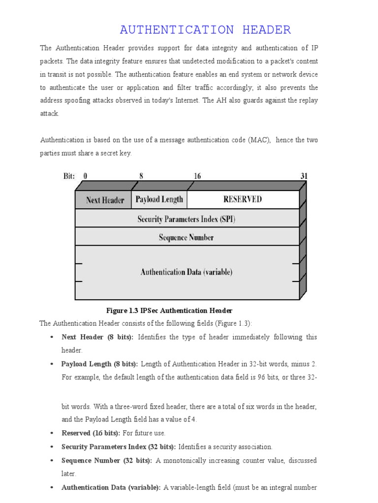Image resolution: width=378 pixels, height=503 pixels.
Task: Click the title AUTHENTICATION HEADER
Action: click(x=205, y=30)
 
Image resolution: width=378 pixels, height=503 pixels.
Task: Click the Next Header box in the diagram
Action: click(x=105, y=200)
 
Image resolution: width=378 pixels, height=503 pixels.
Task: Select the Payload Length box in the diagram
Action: click(x=159, y=199)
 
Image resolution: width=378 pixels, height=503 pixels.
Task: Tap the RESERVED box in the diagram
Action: click(x=243, y=199)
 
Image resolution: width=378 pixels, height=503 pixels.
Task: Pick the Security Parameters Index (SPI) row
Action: click(x=187, y=219)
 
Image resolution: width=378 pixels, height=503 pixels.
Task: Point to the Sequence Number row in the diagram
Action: click(x=187, y=238)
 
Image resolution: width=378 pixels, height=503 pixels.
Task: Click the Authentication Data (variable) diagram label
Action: click(x=187, y=272)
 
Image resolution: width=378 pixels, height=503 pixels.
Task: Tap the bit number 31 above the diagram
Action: click(x=304, y=176)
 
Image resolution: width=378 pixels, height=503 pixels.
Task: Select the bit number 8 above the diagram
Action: click(x=141, y=176)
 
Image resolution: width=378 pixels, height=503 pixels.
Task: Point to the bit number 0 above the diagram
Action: click(x=85, y=176)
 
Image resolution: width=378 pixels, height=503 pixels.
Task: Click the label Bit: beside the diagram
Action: click(x=69, y=176)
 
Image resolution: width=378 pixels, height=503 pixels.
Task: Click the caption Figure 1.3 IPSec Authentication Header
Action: click(x=169, y=310)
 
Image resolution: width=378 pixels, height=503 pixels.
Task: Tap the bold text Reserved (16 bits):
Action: click(x=91, y=433)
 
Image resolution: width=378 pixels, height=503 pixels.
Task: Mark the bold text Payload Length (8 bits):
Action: click(x=100, y=364)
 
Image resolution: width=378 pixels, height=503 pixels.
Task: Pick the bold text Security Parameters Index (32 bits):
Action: click(x=119, y=447)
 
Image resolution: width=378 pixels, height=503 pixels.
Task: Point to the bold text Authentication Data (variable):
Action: click(x=111, y=487)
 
